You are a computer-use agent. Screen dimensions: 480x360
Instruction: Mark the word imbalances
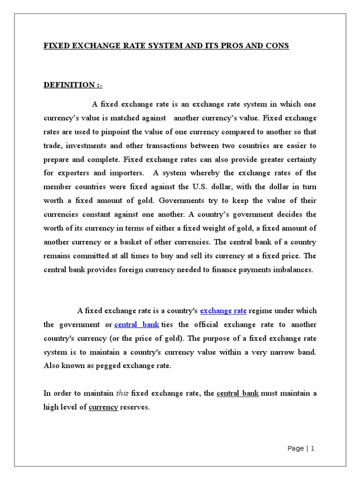(x=290, y=270)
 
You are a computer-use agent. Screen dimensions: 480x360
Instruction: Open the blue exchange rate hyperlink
(x=223, y=311)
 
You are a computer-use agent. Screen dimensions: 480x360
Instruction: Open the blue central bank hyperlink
(x=136, y=325)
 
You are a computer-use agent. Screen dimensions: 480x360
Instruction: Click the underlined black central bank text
(x=238, y=394)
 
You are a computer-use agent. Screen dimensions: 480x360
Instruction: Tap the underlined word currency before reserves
(x=103, y=407)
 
